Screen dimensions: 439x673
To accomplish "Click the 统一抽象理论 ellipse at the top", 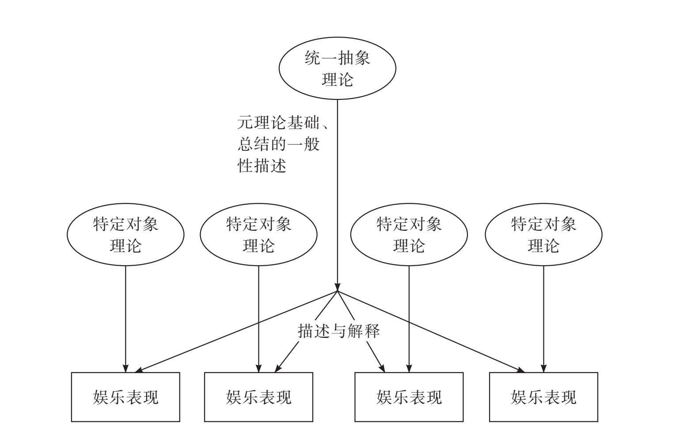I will coord(337,68).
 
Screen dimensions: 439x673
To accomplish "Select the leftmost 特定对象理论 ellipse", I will coord(125,234).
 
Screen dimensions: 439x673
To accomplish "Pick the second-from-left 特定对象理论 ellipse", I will coord(259,234).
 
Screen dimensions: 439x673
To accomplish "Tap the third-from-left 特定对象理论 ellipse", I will coord(409,234).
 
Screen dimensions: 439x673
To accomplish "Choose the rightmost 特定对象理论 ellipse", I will coord(544,234).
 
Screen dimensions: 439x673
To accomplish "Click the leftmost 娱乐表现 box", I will coord(125,397).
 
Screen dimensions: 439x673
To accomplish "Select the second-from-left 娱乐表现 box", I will coord(259,397).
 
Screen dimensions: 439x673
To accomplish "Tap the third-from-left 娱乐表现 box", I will coord(409,397).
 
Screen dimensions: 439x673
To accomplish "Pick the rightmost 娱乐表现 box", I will coord(544,397).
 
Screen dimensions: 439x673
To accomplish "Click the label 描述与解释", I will coord(338,331).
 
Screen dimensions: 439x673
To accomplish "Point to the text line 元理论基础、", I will coord(283,122).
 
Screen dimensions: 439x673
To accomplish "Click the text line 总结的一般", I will coord(278,144).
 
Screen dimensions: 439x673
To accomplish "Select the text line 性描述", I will coord(262,166).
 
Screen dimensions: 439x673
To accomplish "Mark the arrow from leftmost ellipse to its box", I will coord(125,318).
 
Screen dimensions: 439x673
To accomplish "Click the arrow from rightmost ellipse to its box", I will coord(544,318).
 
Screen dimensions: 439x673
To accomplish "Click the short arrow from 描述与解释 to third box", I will coord(375,356).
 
